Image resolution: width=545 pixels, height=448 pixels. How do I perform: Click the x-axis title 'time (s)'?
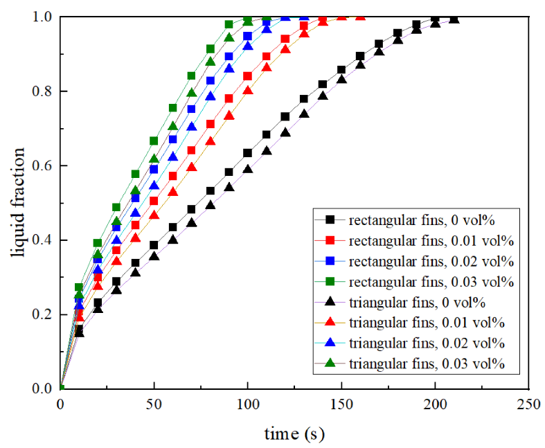(294, 433)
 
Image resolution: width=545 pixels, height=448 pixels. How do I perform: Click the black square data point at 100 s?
(248, 152)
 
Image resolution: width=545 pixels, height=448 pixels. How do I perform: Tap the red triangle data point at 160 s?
(360, 16)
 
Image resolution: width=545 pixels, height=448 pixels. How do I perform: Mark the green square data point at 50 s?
(154, 141)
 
